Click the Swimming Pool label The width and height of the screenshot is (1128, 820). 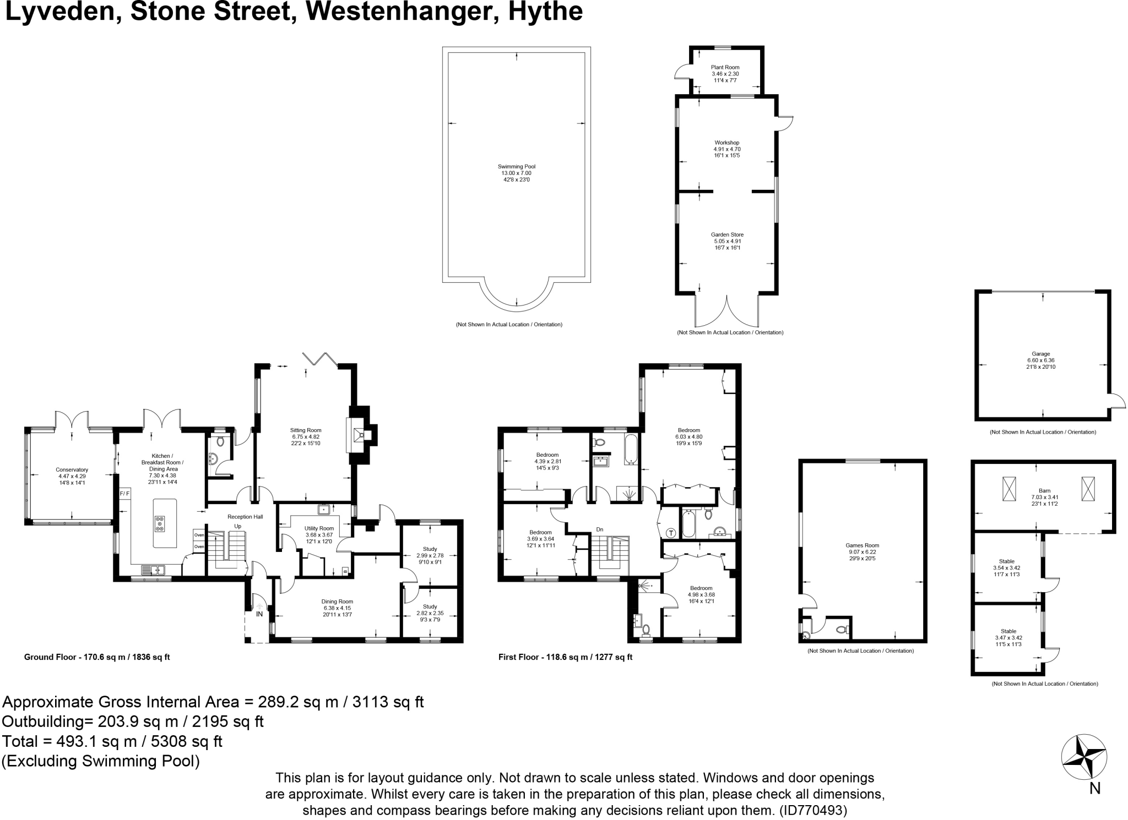(x=516, y=166)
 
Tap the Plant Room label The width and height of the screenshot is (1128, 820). (x=725, y=67)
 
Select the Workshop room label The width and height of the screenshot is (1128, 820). (x=726, y=143)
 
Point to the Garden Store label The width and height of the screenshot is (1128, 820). (x=727, y=234)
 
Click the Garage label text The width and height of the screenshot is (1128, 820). (x=1040, y=354)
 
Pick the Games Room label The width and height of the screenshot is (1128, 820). (x=862, y=545)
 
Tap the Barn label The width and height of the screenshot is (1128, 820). (x=1044, y=490)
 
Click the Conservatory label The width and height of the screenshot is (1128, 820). (x=72, y=469)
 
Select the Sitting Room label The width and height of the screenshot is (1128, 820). (x=306, y=430)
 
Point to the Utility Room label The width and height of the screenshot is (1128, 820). (x=319, y=528)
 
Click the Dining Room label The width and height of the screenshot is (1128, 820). (x=337, y=602)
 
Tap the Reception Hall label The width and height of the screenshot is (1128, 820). (x=245, y=517)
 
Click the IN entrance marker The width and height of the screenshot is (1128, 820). (x=259, y=614)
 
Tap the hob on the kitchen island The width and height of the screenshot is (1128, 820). (x=160, y=523)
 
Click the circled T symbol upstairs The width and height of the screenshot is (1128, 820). (x=671, y=533)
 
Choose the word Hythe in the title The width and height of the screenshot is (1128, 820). (x=545, y=12)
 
